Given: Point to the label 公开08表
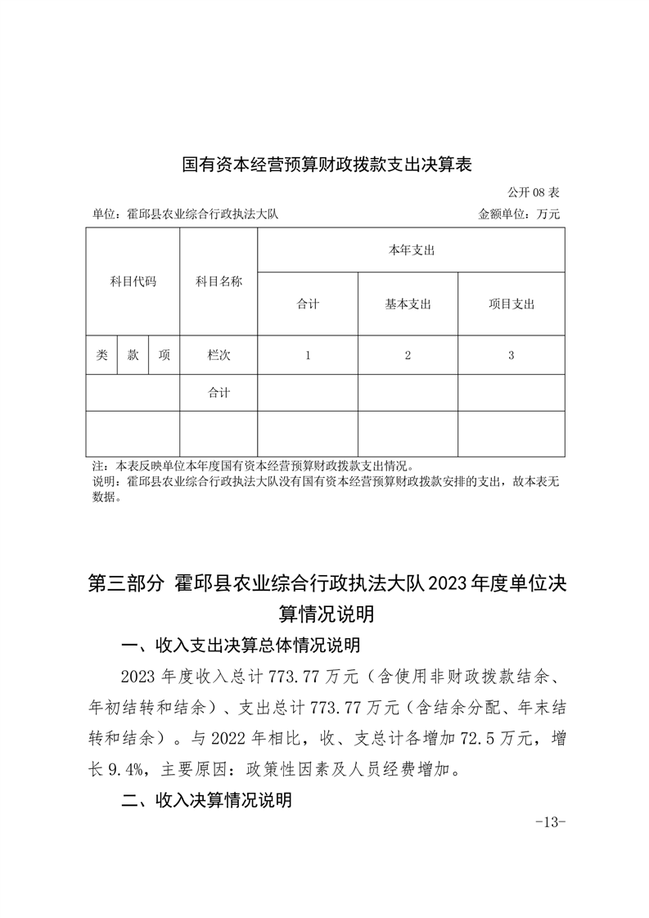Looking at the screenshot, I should pyautogui.click(x=534, y=193).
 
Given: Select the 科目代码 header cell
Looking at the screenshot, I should pyautogui.click(x=133, y=281).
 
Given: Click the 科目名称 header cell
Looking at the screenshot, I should pyautogui.click(x=219, y=281).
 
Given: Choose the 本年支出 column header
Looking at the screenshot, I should pyautogui.click(x=411, y=250).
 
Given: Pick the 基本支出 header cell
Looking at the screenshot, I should pyautogui.click(x=408, y=304).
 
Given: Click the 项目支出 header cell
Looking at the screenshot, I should pyautogui.click(x=511, y=304).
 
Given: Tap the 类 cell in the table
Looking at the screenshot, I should pyautogui.click(x=101, y=355).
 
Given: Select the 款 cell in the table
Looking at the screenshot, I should pyautogui.click(x=133, y=355).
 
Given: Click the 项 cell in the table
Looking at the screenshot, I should pyautogui.click(x=164, y=355).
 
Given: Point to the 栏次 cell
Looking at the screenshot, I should pyautogui.click(x=219, y=355).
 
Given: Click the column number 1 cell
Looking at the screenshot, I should pyautogui.click(x=308, y=355).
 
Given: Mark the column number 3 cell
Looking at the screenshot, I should pyautogui.click(x=511, y=355).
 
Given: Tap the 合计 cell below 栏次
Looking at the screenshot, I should pyautogui.click(x=219, y=393).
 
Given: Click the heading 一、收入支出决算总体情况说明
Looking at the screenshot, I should pyautogui.click(x=240, y=646).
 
